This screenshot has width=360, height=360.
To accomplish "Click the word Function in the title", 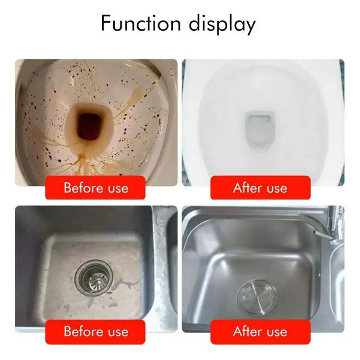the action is [141, 23].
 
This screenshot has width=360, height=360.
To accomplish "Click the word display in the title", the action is [222, 24].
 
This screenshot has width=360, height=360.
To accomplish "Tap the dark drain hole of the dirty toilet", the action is [89, 127].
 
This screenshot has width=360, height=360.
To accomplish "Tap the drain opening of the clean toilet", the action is [259, 130].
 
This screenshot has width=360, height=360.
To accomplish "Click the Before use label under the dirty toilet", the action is [96, 188].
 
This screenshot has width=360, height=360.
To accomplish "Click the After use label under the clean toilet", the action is [260, 188].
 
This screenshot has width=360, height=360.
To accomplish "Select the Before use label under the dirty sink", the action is [96, 332].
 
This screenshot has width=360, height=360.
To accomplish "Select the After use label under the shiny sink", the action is [260, 332].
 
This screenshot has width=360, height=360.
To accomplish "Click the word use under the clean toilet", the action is [276, 189].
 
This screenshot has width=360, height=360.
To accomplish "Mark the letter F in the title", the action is [106, 24].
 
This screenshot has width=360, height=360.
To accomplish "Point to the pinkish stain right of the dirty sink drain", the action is [125, 285].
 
